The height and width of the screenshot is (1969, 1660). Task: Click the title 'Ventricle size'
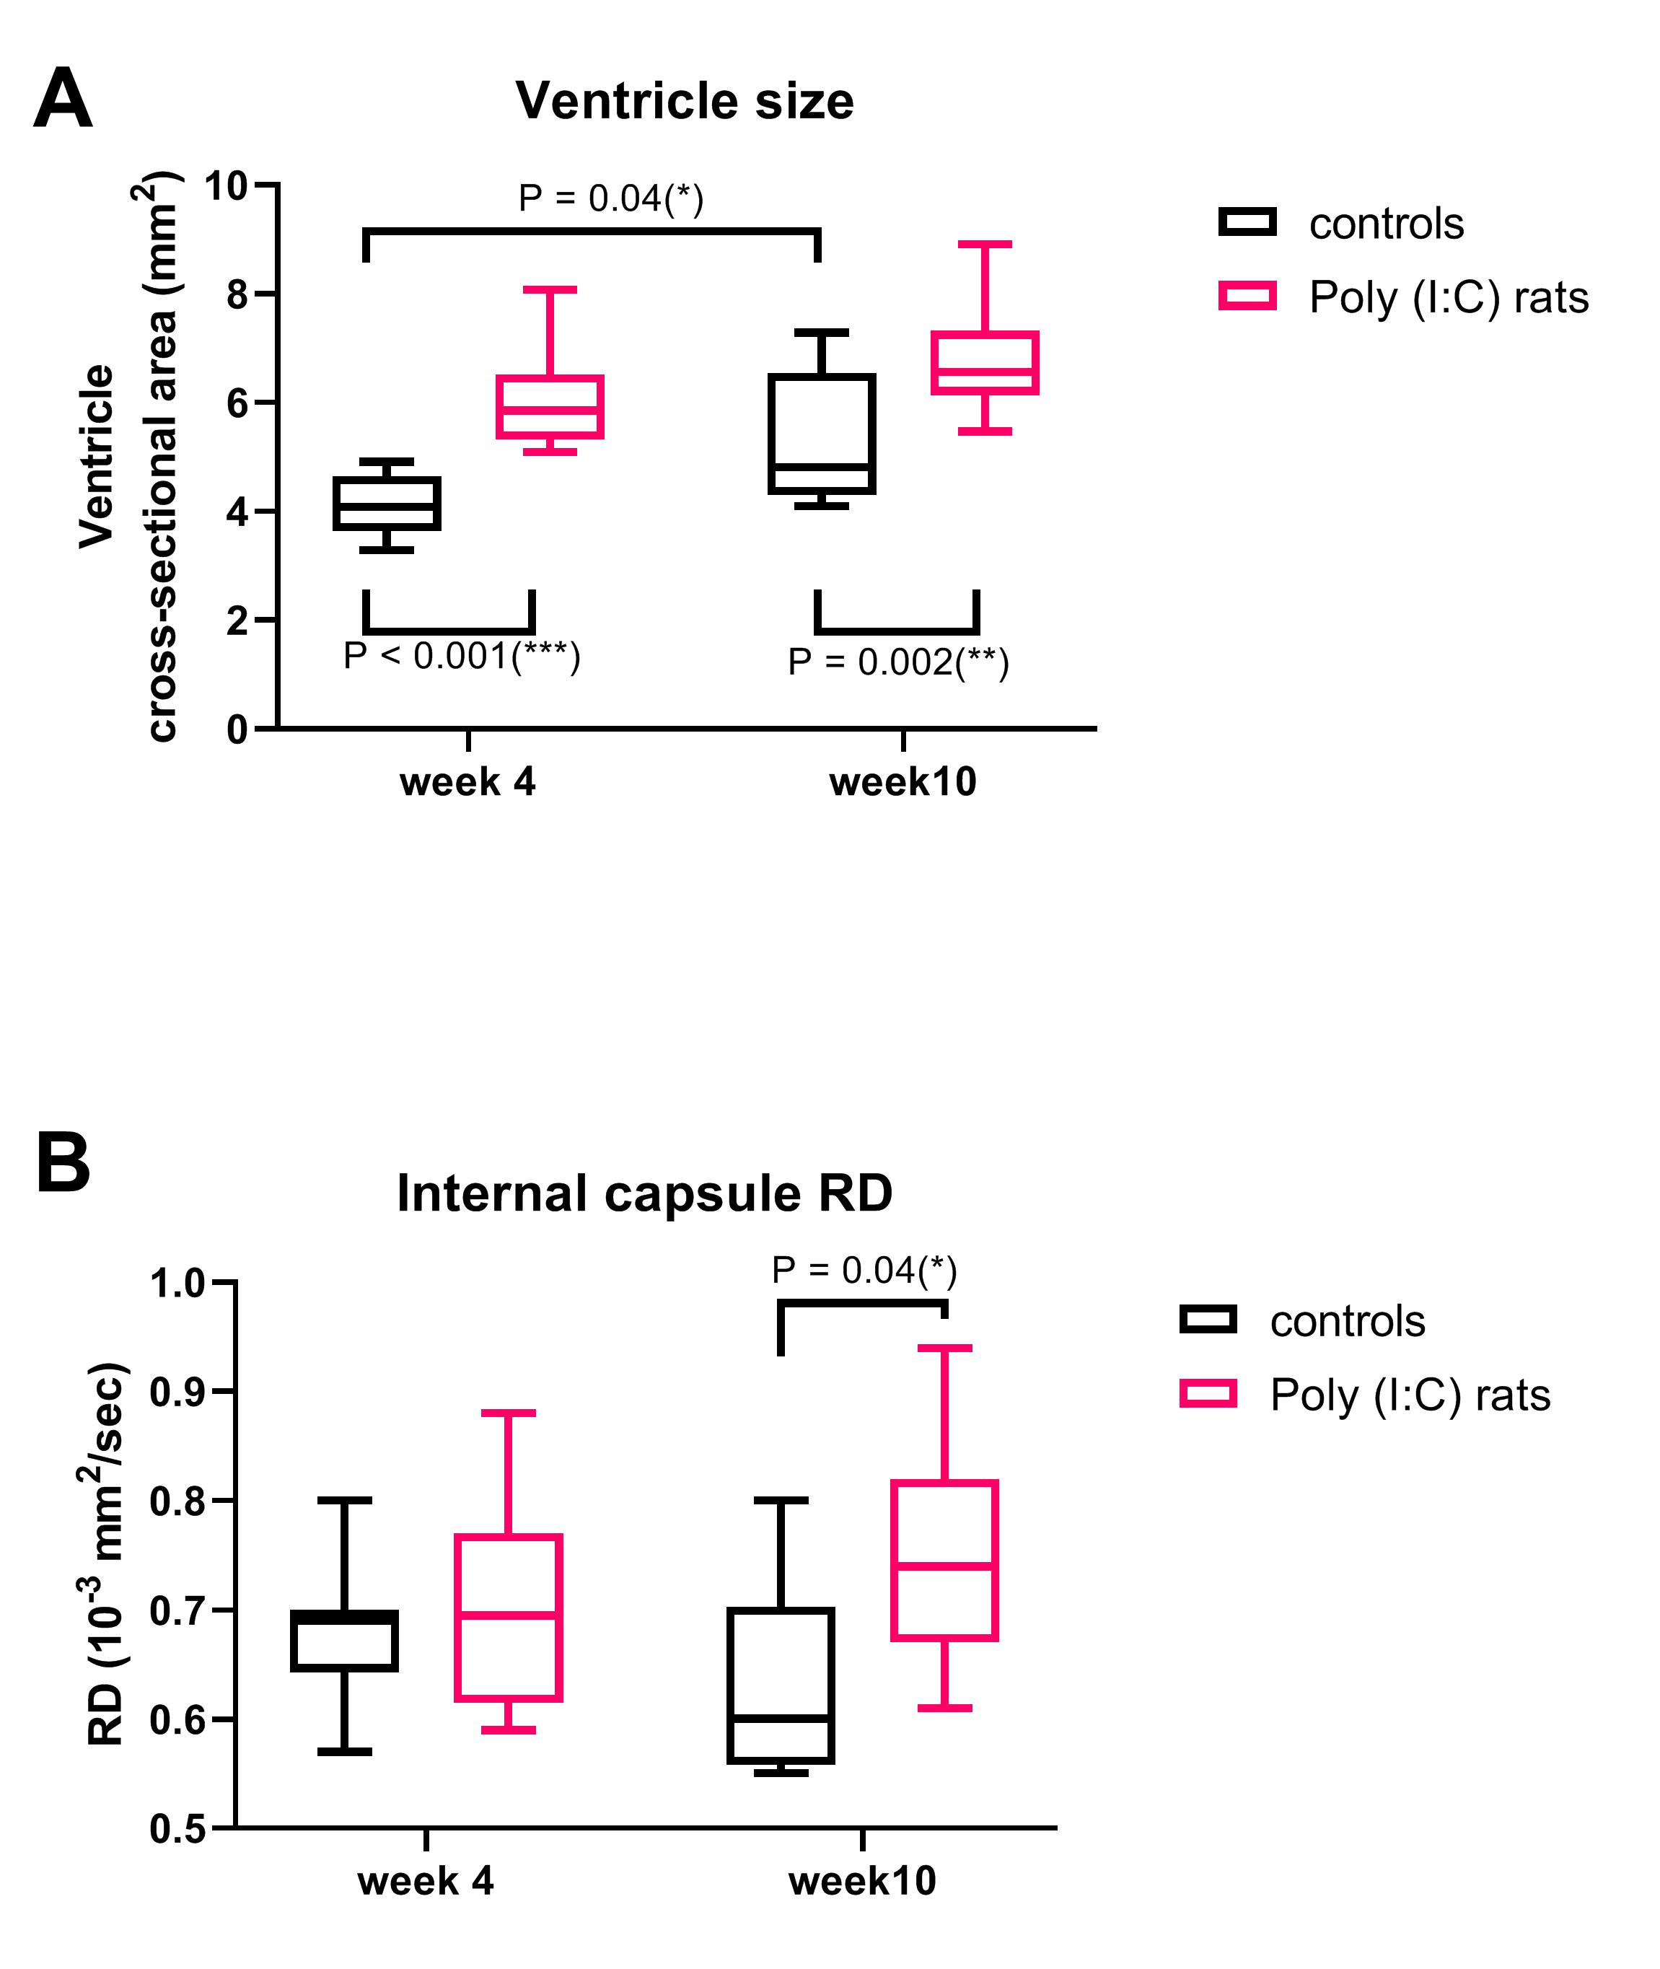(x=684, y=101)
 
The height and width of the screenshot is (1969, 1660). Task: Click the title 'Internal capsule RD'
(x=645, y=1193)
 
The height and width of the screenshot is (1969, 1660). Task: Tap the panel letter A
(x=63, y=100)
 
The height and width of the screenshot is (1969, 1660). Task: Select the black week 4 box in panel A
(x=387, y=504)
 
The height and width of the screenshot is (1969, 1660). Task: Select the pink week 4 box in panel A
(x=550, y=407)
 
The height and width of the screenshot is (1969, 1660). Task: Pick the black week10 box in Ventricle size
(x=822, y=433)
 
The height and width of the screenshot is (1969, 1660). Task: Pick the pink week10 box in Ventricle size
(x=984, y=362)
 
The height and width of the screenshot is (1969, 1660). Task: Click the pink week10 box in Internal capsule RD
(x=944, y=1561)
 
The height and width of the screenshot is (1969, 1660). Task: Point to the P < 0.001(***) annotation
(x=462, y=656)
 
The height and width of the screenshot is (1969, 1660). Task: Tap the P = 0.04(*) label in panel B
(x=864, y=1271)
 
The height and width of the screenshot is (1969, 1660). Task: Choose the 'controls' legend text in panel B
(x=1348, y=1322)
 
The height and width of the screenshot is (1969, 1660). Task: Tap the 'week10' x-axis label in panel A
(x=903, y=782)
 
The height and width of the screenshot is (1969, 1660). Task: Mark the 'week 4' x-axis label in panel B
(x=426, y=1880)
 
